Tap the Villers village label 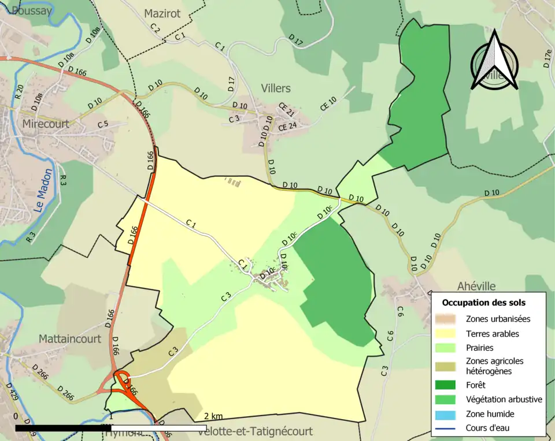click(275, 88)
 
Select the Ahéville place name click(476, 287)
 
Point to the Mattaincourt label click(69, 339)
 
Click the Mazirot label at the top click(162, 13)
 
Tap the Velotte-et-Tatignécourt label click(254, 432)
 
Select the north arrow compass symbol click(494, 61)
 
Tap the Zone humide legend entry click(490, 414)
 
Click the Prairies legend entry click(480, 348)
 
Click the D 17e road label click(547, 59)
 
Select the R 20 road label click(18, 92)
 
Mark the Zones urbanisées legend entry click(498, 318)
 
